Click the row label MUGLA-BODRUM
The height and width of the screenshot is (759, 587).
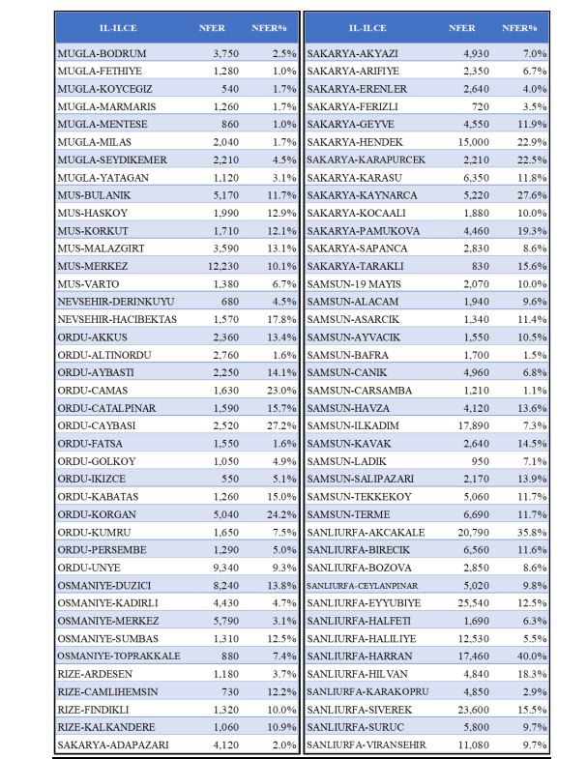pyautogui.click(x=102, y=54)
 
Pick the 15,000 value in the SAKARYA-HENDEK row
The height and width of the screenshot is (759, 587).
pyautogui.click(x=468, y=142)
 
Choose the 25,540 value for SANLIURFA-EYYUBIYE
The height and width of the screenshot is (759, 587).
pyautogui.click(x=467, y=603)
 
